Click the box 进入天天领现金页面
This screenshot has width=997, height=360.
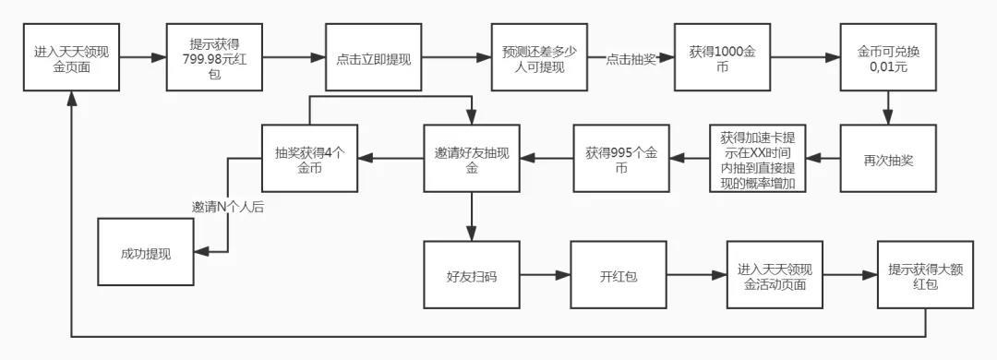coord(71,57)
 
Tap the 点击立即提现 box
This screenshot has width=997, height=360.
coord(374,57)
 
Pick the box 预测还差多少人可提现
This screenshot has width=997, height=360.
coord(539,57)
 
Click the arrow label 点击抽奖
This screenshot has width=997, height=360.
coord(631,59)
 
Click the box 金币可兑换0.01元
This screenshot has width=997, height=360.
coord(888,57)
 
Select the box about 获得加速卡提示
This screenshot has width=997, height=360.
coord(758,158)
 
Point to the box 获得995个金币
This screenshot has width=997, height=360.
coord(621,158)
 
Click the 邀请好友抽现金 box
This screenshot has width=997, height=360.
coord(471,158)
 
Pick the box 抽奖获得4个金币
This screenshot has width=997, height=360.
coord(309,158)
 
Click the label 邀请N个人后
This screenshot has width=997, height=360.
coord(227,207)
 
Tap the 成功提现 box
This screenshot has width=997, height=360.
coord(146,252)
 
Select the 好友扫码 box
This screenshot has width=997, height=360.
coord(471,274)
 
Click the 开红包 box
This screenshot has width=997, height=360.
coord(617,274)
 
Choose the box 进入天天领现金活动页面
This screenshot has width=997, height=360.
coord(774,274)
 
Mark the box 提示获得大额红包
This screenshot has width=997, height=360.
coord(925,274)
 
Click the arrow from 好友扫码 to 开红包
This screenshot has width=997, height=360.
coord(544,274)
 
